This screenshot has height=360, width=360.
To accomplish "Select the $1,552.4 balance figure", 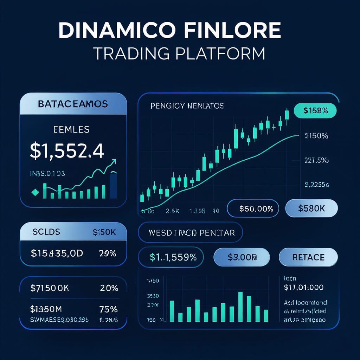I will pos(67,150).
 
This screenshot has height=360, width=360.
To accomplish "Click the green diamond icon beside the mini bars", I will pos(35,192).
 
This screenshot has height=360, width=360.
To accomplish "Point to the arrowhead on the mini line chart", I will pos(114,162).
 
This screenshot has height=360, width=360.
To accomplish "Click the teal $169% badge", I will pos(315,110).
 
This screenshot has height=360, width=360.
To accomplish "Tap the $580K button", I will pos(311,208).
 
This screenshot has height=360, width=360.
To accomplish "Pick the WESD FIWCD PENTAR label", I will pos(192,233).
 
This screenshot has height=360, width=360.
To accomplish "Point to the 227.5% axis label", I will pos(316,161).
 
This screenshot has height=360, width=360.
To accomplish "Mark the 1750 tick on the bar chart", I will pos(152,281).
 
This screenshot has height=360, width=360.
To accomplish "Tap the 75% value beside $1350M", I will pos(108,309).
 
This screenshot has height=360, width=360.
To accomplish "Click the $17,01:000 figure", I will pos(303,287).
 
